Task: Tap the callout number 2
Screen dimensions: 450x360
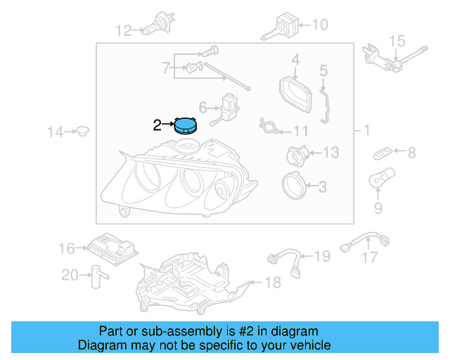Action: tap(157, 126)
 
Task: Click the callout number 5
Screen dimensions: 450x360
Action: tap(323, 70)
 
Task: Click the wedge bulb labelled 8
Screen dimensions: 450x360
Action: tap(384, 152)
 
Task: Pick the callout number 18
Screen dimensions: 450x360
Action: tap(272, 283)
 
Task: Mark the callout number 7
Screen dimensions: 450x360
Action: tap(166, 68)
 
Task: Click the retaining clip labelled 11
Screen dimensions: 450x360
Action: tap(271, 127)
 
